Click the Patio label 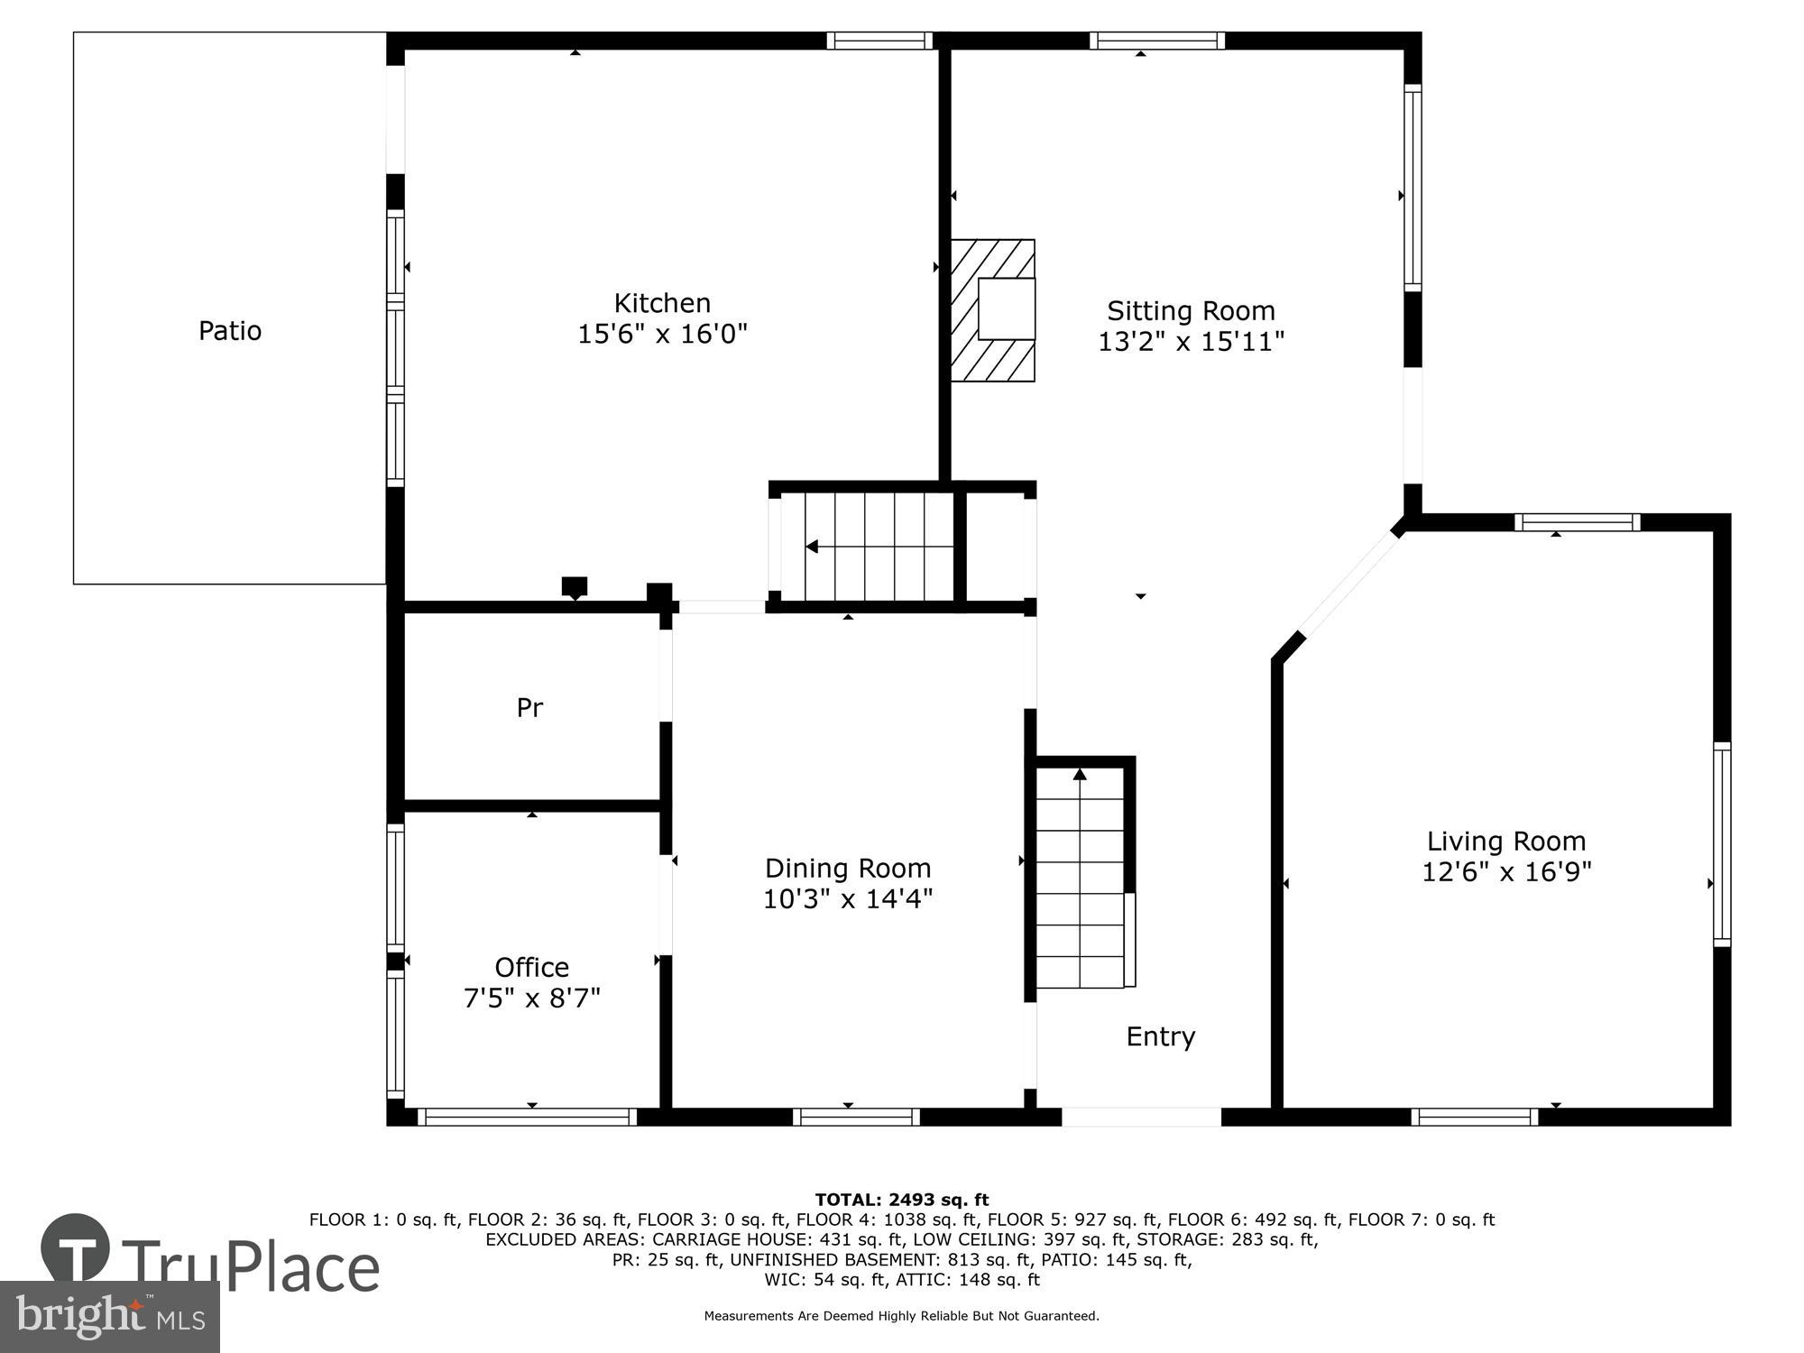coord(230,330)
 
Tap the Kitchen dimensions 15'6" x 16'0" coord(662,335)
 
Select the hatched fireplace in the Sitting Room coord(993,310)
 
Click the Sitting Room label coord(1191,310)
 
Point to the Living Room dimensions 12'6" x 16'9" coord(1506,872)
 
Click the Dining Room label coord(847,868)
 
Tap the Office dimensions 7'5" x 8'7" coord(531,999)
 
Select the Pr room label coord(529,708)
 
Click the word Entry coord(1160,1036)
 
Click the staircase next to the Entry coord(1080,879)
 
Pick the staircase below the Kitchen coord(866,547)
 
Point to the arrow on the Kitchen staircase coord(812,547)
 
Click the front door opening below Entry coord(1141,1117)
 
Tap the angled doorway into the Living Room coord(1348,582)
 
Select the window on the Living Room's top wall coord(1577,522)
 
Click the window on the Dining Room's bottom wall coord(856,1117)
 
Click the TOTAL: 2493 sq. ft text coord(901,1200)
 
